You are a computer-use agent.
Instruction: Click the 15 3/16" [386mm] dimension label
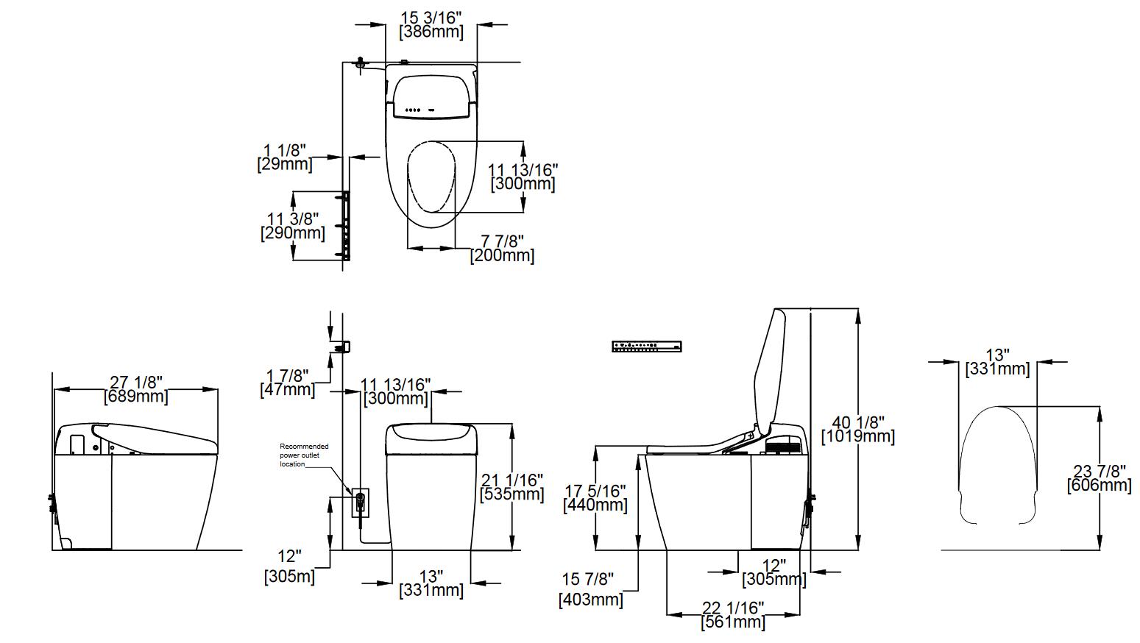point(431,24)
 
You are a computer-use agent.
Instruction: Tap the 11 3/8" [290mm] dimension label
point(292,226)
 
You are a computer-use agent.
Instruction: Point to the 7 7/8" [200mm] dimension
point(502,248)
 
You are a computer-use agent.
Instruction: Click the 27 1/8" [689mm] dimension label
point(136,389)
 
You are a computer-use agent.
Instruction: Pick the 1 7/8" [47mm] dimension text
point(287,383)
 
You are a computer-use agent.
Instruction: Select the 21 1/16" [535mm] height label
point(511,487)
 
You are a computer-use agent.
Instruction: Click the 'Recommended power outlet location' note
point(303,455)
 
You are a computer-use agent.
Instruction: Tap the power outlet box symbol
point(360,502)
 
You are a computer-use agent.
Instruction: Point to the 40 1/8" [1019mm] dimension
point(857,429)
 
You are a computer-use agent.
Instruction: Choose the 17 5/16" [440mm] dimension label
point(595,497)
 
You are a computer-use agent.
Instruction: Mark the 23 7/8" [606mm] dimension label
point(1099,477)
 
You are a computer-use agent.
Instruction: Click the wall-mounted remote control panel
point(647,346)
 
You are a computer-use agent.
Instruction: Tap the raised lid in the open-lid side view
point(770,368)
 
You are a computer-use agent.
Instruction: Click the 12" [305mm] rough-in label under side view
point(773,572)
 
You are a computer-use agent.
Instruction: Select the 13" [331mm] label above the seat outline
point(997,362)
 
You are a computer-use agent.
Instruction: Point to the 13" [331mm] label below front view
point(431,583)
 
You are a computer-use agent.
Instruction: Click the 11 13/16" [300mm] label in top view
point(523,177)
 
